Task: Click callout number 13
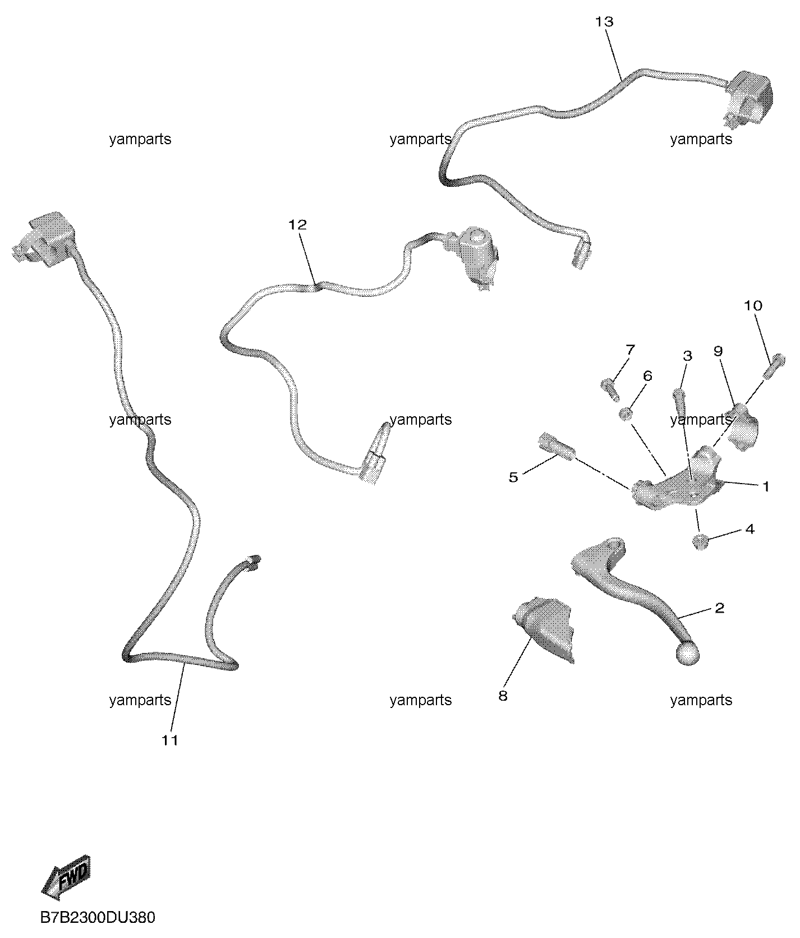(x=605, y=22)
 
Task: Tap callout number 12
(x=298, y=225)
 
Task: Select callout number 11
(x=170, y=741)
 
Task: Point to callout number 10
(x=753, y=306)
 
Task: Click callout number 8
(x=503, y=696)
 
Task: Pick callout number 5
(x=513, y=477)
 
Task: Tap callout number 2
(x=719, y=608)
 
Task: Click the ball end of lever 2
(x=688, y=654)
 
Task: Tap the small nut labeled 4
(x=700, y=542)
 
